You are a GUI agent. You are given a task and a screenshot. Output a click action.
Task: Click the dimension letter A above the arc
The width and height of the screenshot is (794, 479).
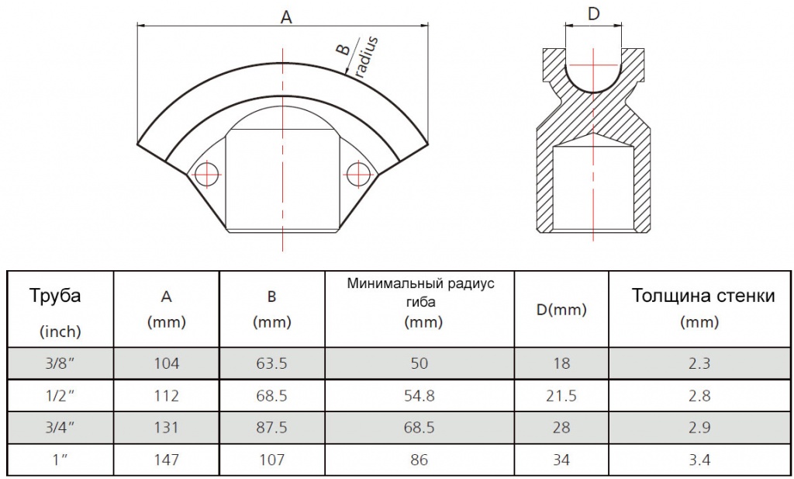(x=286, y=17)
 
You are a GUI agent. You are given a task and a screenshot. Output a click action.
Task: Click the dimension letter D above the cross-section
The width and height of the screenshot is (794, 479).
(x=593, y=14)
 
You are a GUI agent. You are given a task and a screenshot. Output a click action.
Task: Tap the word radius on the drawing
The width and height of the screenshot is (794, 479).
(x=367, y=56)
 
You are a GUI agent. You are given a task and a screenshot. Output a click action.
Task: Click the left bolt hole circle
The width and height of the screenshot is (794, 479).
(x=206, y=175)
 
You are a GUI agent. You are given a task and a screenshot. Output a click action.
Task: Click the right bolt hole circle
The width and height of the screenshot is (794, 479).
(x=359, y=174)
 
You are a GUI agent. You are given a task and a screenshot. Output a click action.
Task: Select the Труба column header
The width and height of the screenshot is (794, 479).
(x=55, y=295)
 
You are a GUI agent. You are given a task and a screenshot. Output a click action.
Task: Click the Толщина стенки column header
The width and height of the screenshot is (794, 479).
(x=703, y=295)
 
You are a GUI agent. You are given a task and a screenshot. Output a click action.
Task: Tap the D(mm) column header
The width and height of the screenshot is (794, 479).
(x=561, y=309)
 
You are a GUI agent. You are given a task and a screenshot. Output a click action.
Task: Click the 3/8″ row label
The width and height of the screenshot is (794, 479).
(x=60, y=363)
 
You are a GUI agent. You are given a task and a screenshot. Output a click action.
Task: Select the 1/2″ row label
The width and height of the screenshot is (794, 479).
(x=60, y=395)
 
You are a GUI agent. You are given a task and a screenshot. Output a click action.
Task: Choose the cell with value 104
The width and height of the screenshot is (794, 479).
(x=167, y=363)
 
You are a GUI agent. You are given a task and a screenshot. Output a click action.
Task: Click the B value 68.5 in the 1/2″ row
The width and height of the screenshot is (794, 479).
(x=272, y=395)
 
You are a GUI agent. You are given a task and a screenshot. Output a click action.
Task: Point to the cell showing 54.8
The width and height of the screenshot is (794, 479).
(x=419, y=395)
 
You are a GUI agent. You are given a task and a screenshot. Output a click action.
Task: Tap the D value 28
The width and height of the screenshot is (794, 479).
(x=561, y=427)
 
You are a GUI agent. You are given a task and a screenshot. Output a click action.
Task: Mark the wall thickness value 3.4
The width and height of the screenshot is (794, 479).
(x=699, y=460)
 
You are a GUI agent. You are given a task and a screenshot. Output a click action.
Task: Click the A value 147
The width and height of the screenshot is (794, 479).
(x=167, y=460)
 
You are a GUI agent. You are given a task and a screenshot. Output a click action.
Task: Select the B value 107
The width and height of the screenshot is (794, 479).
(x=272, y=460)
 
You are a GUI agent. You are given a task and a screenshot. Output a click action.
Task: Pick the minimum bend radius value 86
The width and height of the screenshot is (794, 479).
(x=419, y=460)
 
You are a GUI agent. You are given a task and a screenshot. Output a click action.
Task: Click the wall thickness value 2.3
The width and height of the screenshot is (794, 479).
(x=699, y=363)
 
